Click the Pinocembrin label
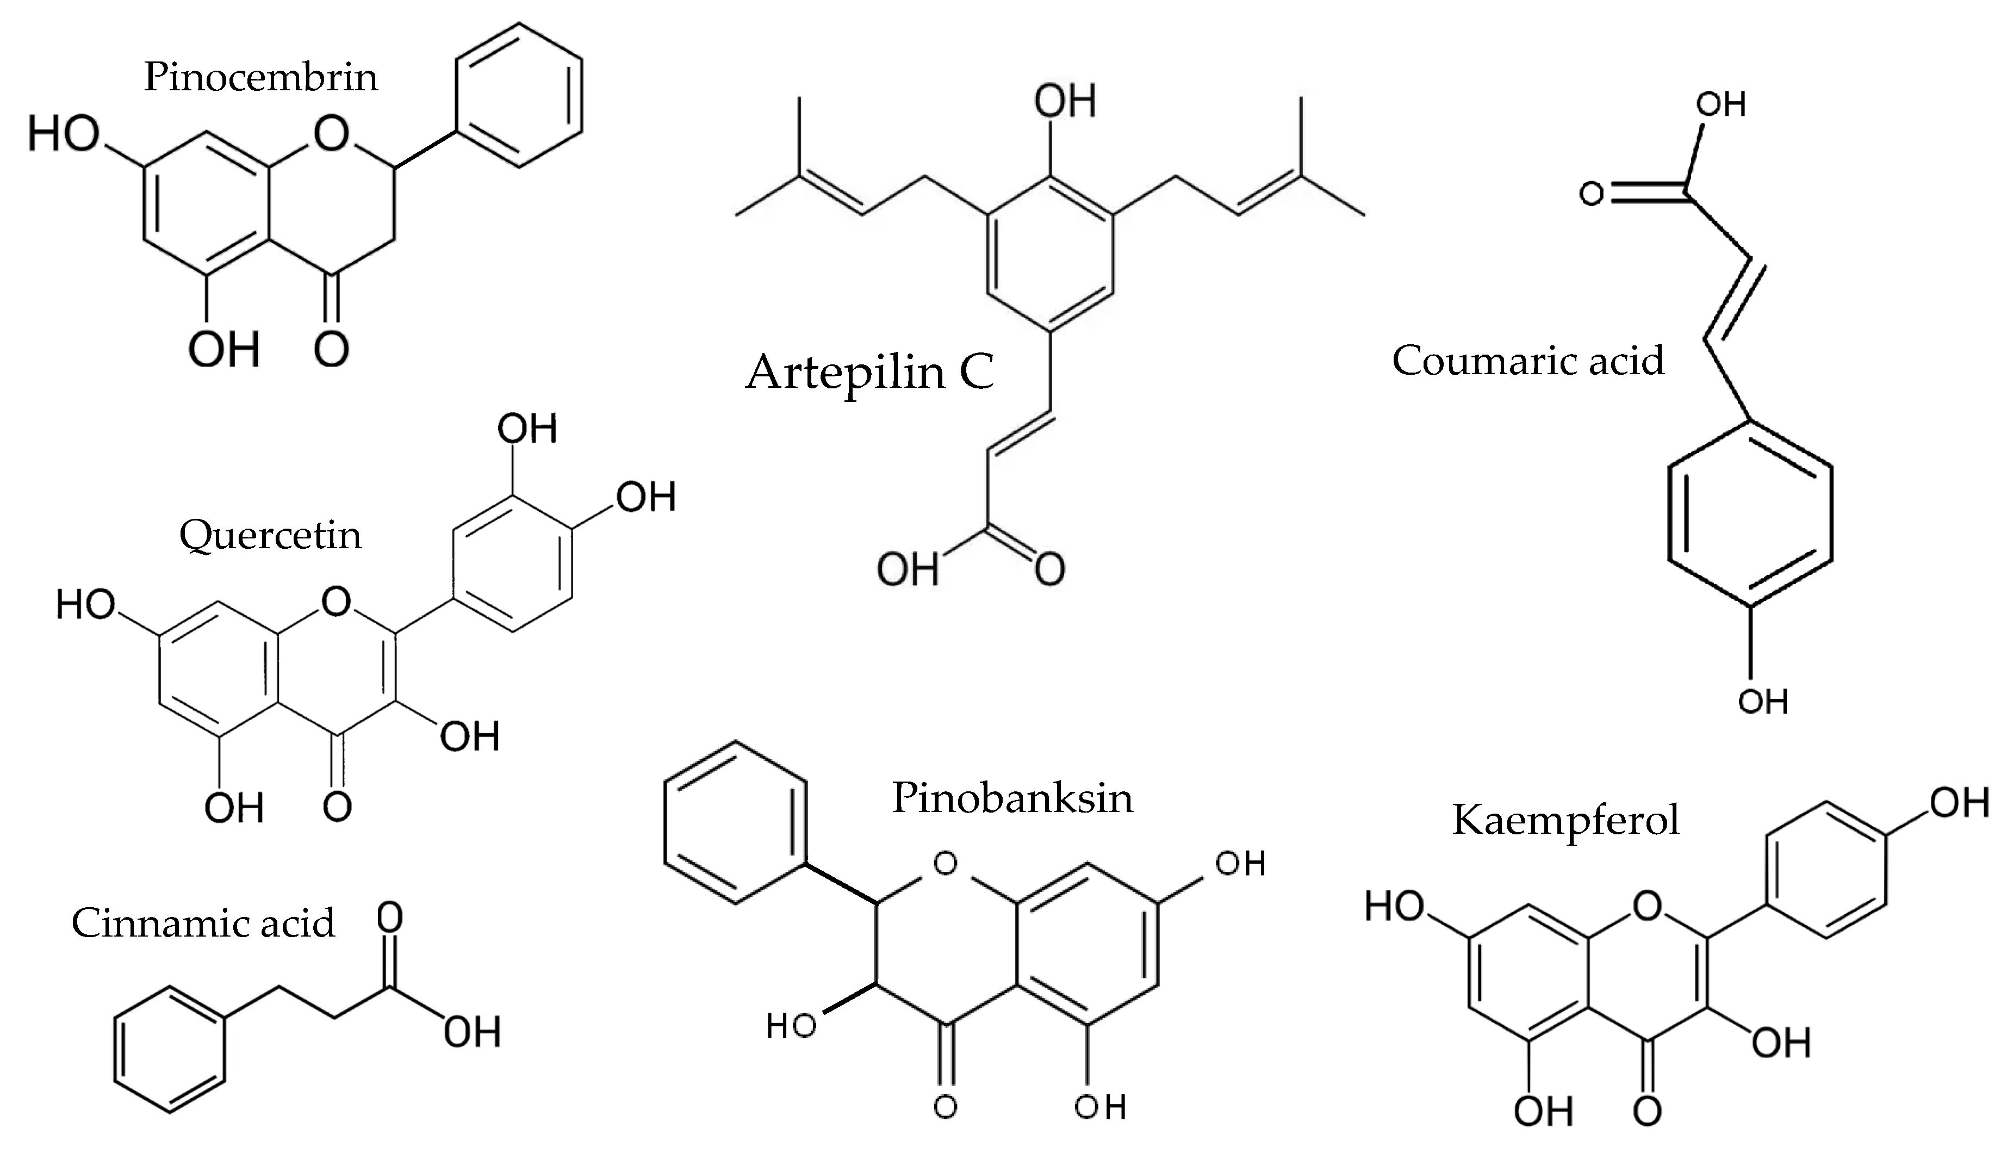(x=260, y=78)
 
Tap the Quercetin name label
(x=270, y=535)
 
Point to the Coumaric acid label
(x=1527, y=361)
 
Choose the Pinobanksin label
(x=1012, y=798)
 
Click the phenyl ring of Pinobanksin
(x=735, y=822)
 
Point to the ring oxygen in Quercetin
(x=336, y=601)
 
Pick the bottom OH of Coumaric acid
(x=1762, y=702)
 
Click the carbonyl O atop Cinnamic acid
(x=390, y=919)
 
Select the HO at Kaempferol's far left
(x=1394, y=906)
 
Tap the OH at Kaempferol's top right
(x=1959, y=802)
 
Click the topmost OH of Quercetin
(x=526, y=429)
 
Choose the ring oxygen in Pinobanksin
(x=945, y=864)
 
